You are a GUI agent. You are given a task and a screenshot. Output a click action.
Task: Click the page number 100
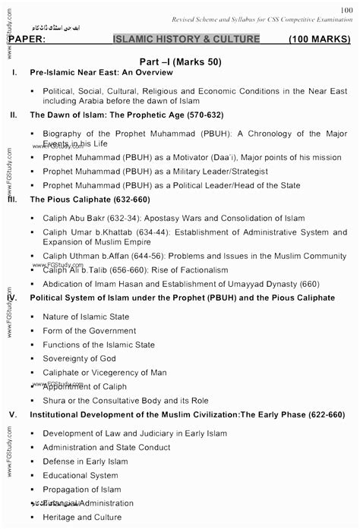[x=347, y=5]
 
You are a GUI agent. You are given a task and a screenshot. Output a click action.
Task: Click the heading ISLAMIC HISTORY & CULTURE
[x=186, y=39]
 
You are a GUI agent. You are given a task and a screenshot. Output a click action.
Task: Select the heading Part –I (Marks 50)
[x=179, y=58]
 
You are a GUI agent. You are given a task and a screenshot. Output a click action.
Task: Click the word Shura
[x=55, y=401]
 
